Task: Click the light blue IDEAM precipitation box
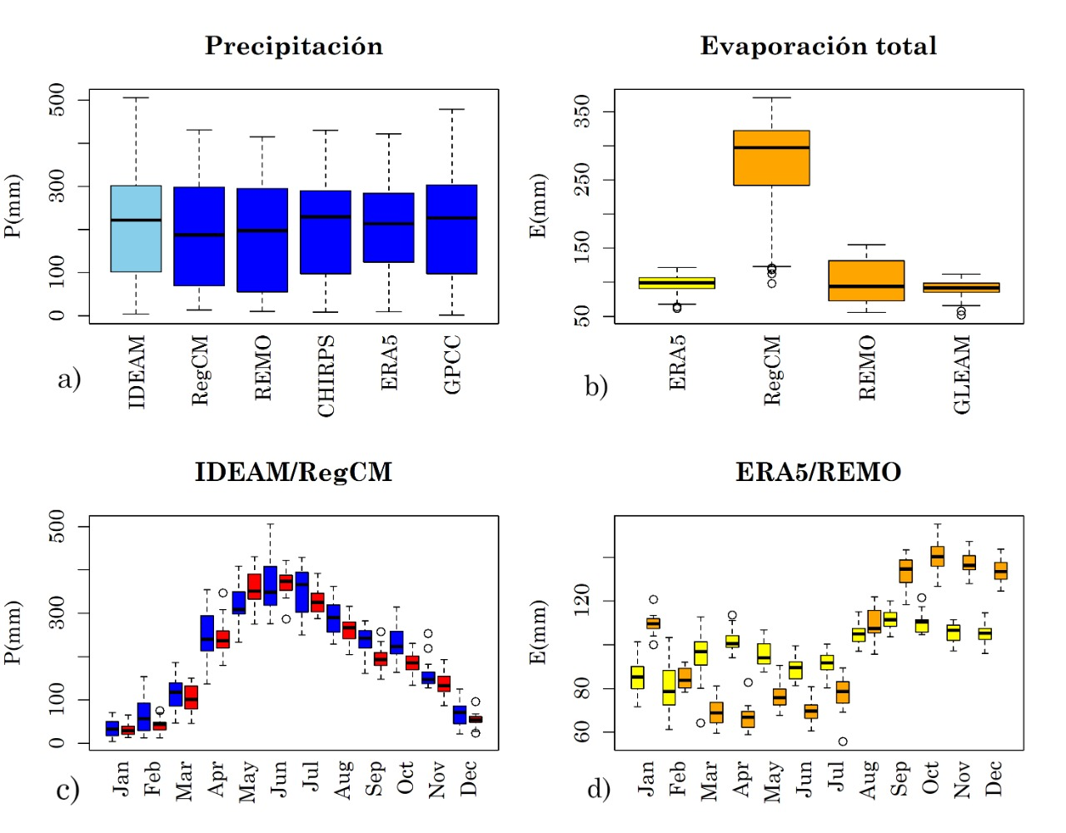click(x=136, y=229)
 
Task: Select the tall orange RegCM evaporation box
click(x=771, y=158)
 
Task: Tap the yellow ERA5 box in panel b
click(x=676, y=283)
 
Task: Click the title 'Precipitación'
click(x=294, y=46)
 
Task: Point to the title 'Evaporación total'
click(x=818, y=46)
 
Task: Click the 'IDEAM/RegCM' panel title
click(x=293, y=472)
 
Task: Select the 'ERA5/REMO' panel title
click(x=818, y=472)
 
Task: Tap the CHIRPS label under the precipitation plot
click(x=326, y=375)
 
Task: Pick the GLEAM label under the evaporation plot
click(x=962, y=374)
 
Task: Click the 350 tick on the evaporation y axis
click(x=582, y=112)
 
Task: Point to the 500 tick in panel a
click(x=57, y=100)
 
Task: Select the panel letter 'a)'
click(x=69, y=379)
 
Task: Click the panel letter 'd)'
click(x=599, y=788)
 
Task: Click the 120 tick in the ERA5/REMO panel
click(x=582, y=600)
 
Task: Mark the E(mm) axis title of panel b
click(x=539, y=206)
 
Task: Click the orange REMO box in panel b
click(x=866, y=280)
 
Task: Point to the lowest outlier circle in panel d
click(x=843, y=741)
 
